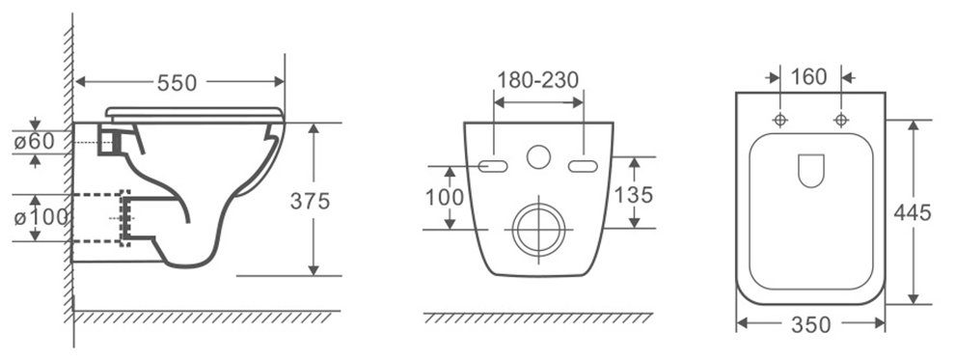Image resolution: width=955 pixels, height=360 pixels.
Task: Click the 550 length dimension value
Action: tap(177, 83)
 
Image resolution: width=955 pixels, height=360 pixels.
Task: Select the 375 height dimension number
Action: tap(310, 201)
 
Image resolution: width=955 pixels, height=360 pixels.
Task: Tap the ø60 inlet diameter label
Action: tap(35, 141)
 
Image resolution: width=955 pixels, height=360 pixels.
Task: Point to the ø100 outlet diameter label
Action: tap(41, 217)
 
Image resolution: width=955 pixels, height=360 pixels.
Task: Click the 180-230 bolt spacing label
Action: tap(538, 80)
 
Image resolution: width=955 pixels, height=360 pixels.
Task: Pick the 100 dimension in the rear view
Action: tap(445, 197)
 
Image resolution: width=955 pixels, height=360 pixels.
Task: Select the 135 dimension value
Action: tap(633, 195)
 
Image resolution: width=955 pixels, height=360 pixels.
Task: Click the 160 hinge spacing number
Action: tap(808, 77)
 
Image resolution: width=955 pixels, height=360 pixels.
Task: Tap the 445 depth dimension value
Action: tap(913, 212)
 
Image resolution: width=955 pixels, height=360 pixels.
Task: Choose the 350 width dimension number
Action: tap(810, 325)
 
